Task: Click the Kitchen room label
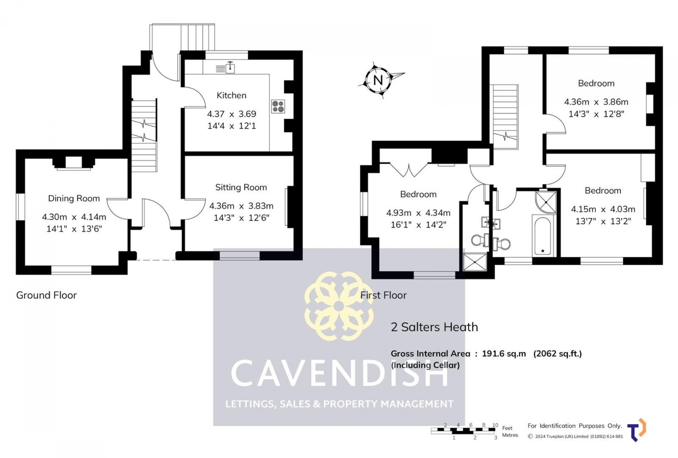pos(231,95)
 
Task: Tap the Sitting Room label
pos(241,188)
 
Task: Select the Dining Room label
pos(74,199)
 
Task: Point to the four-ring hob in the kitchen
pos(278,107)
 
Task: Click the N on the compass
pos(378,80)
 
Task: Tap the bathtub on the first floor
pos(543,236)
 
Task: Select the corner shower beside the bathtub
pos(546,202)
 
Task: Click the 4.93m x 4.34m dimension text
pos(418,213)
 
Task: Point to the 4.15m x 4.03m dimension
pos(603,209)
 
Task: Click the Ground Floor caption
pos(46,295)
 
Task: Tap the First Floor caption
pos(383,295)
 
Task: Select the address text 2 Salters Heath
pos(434,327)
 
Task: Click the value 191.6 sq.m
pos(504,354)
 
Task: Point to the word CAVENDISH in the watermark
pos(339,373)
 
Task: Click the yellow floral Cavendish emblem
pos(339,306)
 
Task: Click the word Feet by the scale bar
pos(507,428)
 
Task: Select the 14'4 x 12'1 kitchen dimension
pos(232,126)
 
